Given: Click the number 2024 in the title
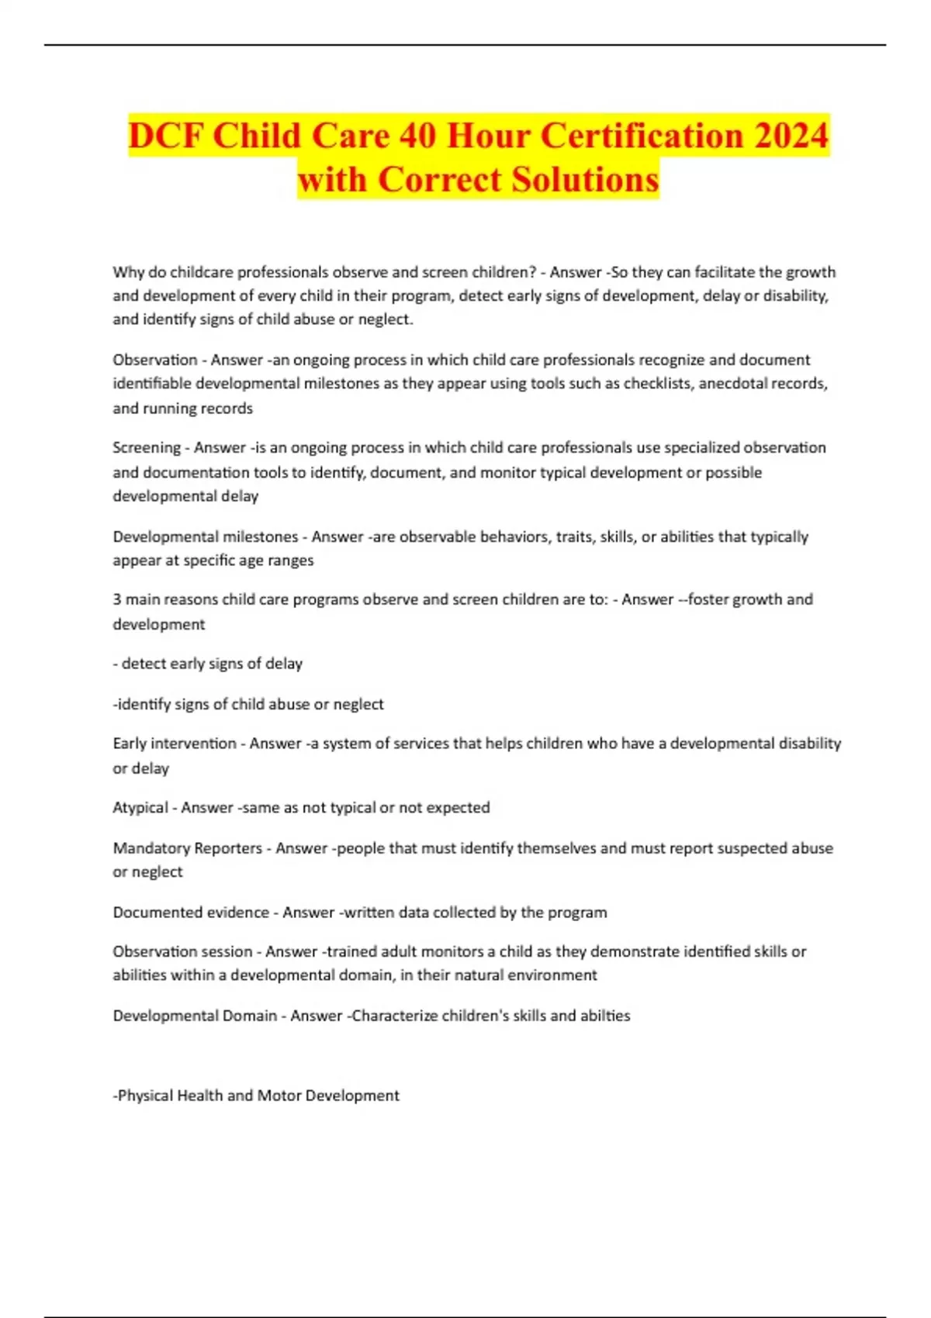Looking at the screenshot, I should point(791,136).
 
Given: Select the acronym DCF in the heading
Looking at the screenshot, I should point(166,136).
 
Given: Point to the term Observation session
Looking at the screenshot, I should point(182,951).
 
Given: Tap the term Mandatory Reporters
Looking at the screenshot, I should point(187,848).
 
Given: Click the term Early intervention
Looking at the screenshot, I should point(175,744).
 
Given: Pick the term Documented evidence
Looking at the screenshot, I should point(191,913).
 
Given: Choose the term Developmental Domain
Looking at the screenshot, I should point(195,1016).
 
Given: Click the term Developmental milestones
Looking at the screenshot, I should point(205,537).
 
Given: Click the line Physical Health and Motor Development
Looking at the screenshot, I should point(256,1095).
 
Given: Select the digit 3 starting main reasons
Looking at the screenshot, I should point(117,599).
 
